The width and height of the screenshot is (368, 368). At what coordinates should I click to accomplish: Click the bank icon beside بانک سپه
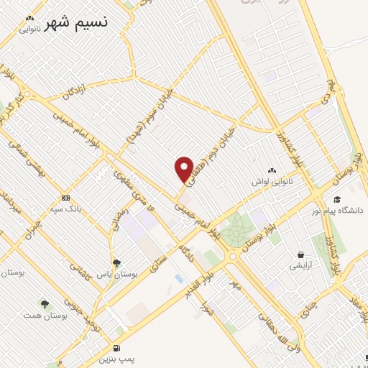point(65,198)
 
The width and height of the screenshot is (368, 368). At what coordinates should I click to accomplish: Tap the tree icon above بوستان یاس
point(116,263)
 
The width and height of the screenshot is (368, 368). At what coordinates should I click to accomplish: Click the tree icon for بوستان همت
point(45,304)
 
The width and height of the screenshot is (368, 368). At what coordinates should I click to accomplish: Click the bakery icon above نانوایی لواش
point(271,171)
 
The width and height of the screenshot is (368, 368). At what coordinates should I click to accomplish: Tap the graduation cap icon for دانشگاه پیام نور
point(336,199)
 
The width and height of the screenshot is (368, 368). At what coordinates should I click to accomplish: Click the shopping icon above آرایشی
point(300,254)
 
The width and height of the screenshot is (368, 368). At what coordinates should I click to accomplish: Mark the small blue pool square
point(178,278)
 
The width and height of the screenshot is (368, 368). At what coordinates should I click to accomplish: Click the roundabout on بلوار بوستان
point(233,256)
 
